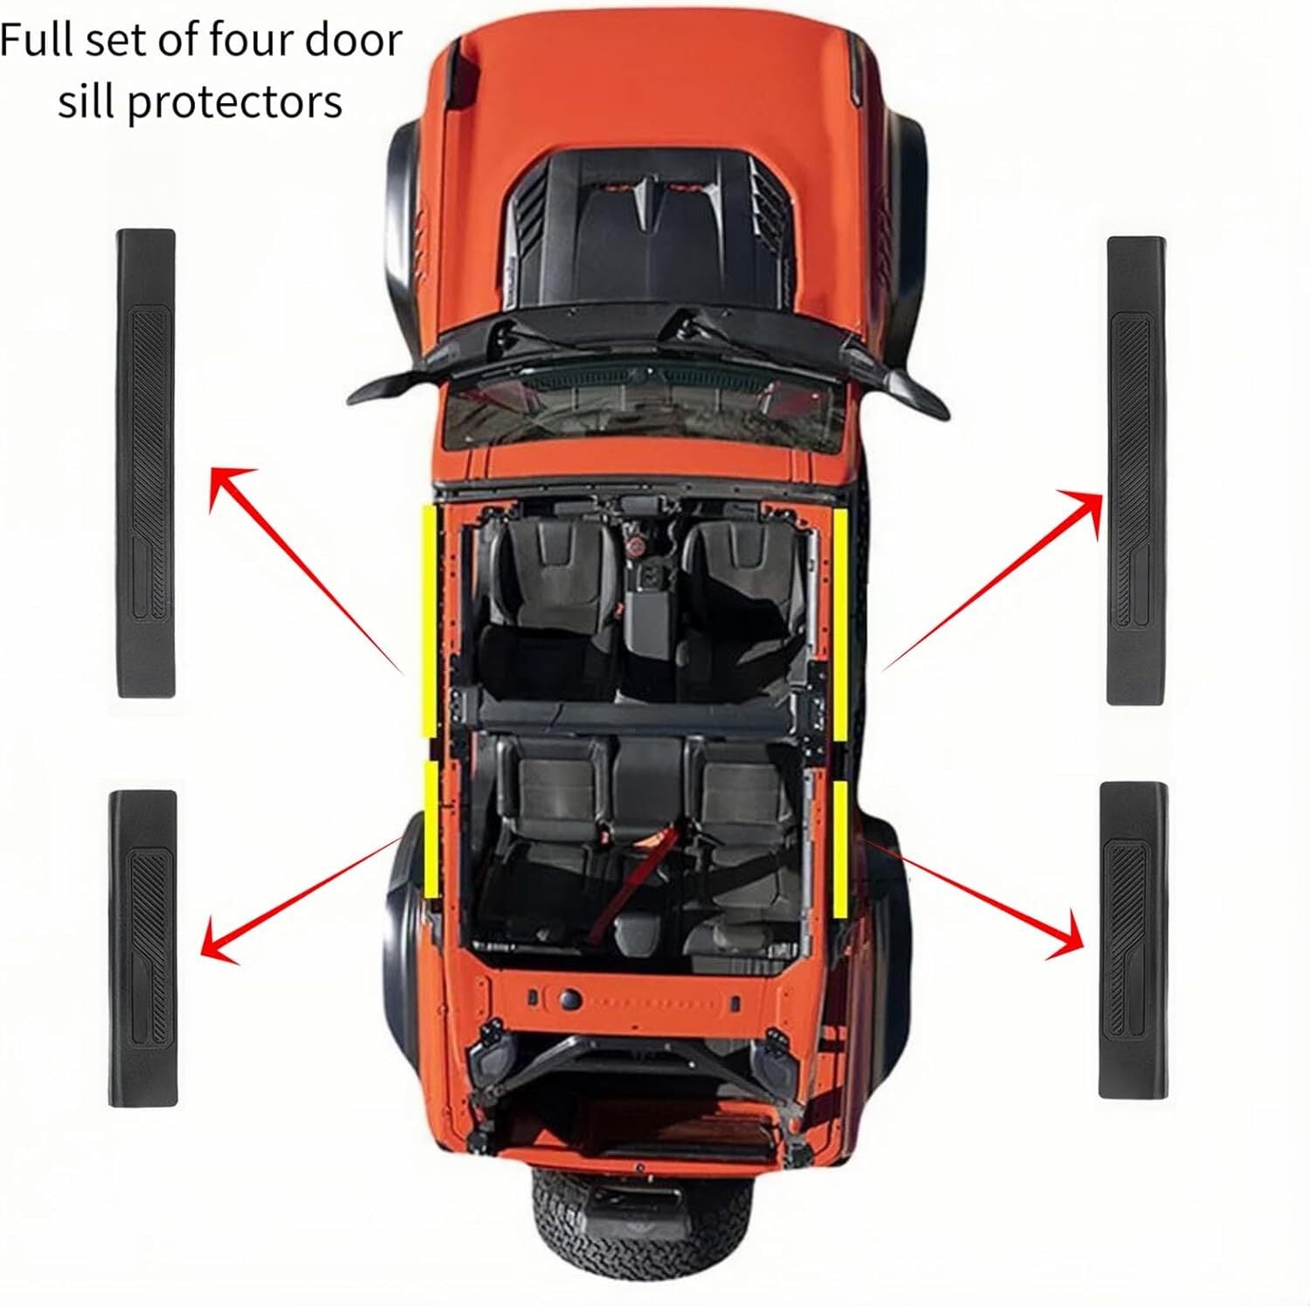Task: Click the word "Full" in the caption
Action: [32, 41]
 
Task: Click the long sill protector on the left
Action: [147, 463]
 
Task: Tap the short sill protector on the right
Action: [1133, 940]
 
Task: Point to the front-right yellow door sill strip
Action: [839, 623]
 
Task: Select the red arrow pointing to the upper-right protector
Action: [992, 579]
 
